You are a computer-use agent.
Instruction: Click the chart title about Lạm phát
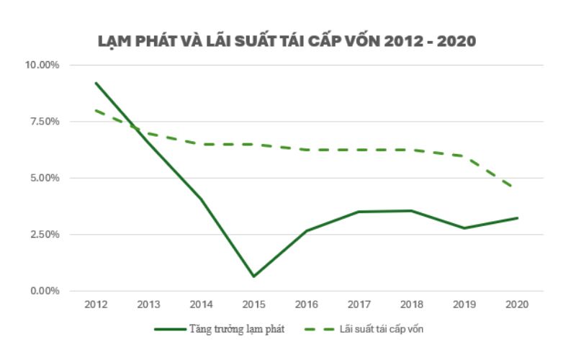[287, 41]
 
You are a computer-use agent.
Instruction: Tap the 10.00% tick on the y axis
[42, 65]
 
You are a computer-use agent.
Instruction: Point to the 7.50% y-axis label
[45, 122]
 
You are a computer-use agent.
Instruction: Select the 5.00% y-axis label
[45, 178]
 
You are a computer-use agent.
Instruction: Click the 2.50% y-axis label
[45, 235]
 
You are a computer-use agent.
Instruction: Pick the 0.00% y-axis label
[45, 291]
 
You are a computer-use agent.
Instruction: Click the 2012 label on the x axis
[96, 305]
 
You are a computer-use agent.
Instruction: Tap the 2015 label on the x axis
[253, 305]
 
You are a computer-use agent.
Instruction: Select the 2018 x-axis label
[412, 305]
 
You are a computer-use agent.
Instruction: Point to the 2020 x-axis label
[517, 305]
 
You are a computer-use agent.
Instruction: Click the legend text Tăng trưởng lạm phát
[238, 329]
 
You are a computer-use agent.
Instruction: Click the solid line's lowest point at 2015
[253, 276]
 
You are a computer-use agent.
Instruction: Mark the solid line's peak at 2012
[96, 83]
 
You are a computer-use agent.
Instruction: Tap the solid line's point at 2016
[306, 231]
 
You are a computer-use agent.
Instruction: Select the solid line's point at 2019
[464, 228]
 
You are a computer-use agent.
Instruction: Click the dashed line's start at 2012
[96, 110]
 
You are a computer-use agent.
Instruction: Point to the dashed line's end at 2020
[516, 189]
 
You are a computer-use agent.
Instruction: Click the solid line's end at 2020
[517, 218]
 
